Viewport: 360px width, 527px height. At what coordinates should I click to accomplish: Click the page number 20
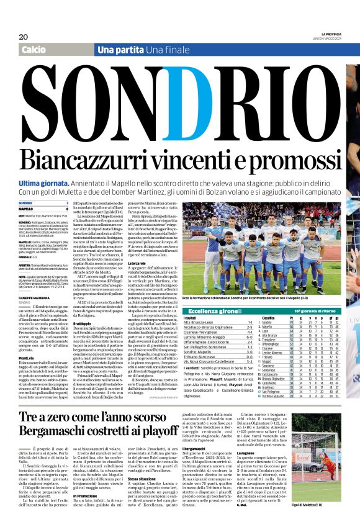pyautogui.click(x=23, y=36)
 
